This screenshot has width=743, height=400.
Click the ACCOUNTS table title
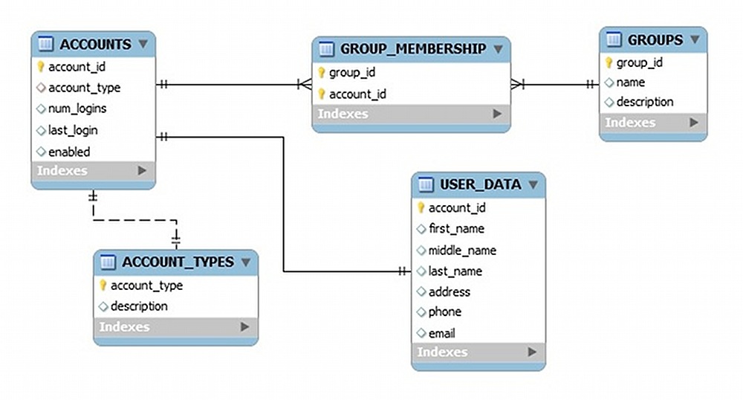coord(95,45)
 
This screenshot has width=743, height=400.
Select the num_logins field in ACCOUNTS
coord(77,109)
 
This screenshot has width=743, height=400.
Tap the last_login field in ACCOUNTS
coord(73,130)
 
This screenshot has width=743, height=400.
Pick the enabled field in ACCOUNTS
coord(69,152)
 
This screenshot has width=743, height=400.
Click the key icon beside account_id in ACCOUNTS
coord(41,67)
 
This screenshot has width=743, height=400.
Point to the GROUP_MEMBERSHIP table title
coord(413,49)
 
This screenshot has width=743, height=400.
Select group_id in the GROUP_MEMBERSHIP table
coord(351,73)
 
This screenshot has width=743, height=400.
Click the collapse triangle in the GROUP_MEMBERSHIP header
coord(498,49)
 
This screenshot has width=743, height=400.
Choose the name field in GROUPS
coord(630,83)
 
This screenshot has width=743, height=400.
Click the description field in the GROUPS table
coord(645,102)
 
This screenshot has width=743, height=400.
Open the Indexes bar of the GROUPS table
coord(652,123)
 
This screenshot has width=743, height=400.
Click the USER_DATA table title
coord(481,184)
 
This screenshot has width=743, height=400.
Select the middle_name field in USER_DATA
coord(462,251)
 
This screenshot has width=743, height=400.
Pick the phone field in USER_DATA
coord(445,312)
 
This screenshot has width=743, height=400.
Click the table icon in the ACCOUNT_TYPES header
coord(108,262)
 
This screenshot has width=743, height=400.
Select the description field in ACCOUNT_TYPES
coord(139,306)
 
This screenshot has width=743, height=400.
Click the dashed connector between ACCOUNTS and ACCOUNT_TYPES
coord(134,220)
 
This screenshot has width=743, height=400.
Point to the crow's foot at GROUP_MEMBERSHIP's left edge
coord(304,85)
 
